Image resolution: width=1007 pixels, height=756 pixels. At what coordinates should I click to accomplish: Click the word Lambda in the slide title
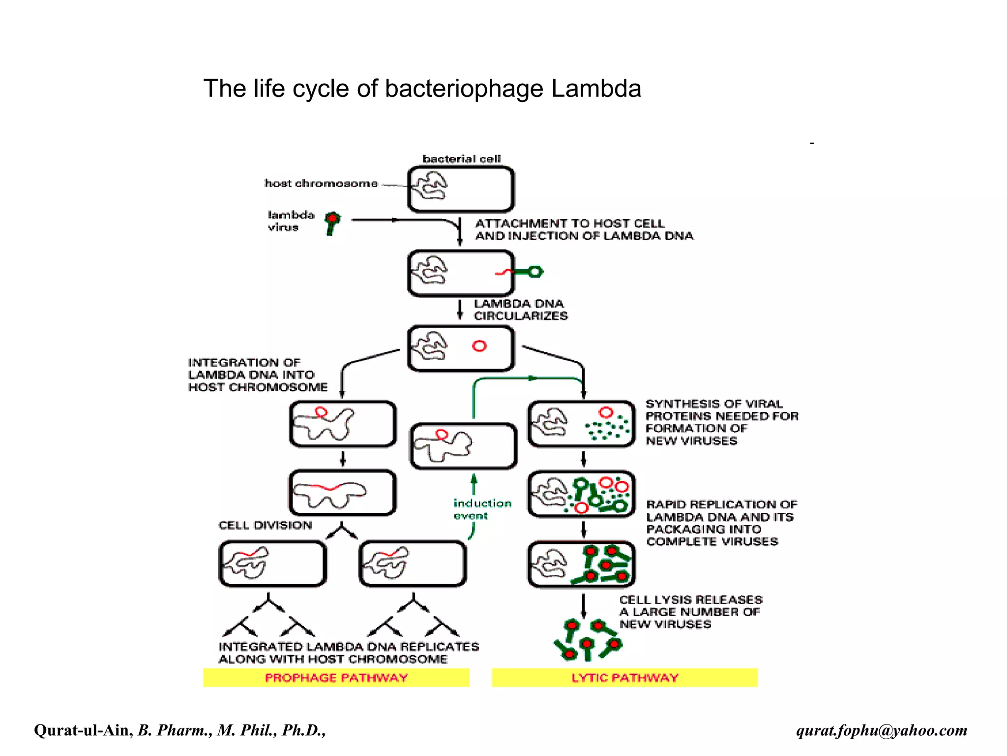[596, 89]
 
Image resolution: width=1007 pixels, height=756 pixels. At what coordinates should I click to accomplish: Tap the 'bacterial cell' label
[461, 159]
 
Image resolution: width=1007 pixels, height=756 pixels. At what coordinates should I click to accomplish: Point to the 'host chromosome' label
[321, 183]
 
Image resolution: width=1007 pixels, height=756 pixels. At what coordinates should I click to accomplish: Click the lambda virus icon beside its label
[333, 222]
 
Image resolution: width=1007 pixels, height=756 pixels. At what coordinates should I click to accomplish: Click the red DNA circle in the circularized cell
[479, 346]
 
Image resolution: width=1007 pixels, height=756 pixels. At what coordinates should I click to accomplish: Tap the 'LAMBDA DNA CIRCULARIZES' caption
[520, 310]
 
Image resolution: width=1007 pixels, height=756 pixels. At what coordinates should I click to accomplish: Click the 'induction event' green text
[482, 509]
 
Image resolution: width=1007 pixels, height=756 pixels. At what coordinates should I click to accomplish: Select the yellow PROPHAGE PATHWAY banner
[336, 678]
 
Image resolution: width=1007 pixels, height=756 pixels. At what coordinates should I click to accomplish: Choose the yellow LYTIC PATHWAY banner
[624, 678]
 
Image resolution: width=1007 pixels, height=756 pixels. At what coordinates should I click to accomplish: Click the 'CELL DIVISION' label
[265, 525]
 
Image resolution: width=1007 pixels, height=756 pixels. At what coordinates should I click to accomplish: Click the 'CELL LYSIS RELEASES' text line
[690, 599]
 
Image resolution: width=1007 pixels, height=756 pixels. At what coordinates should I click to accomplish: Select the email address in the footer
[882, 730]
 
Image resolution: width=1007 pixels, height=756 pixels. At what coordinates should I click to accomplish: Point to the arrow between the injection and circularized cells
[460, 310]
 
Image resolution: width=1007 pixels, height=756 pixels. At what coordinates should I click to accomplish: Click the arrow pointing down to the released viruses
[584, 606]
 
